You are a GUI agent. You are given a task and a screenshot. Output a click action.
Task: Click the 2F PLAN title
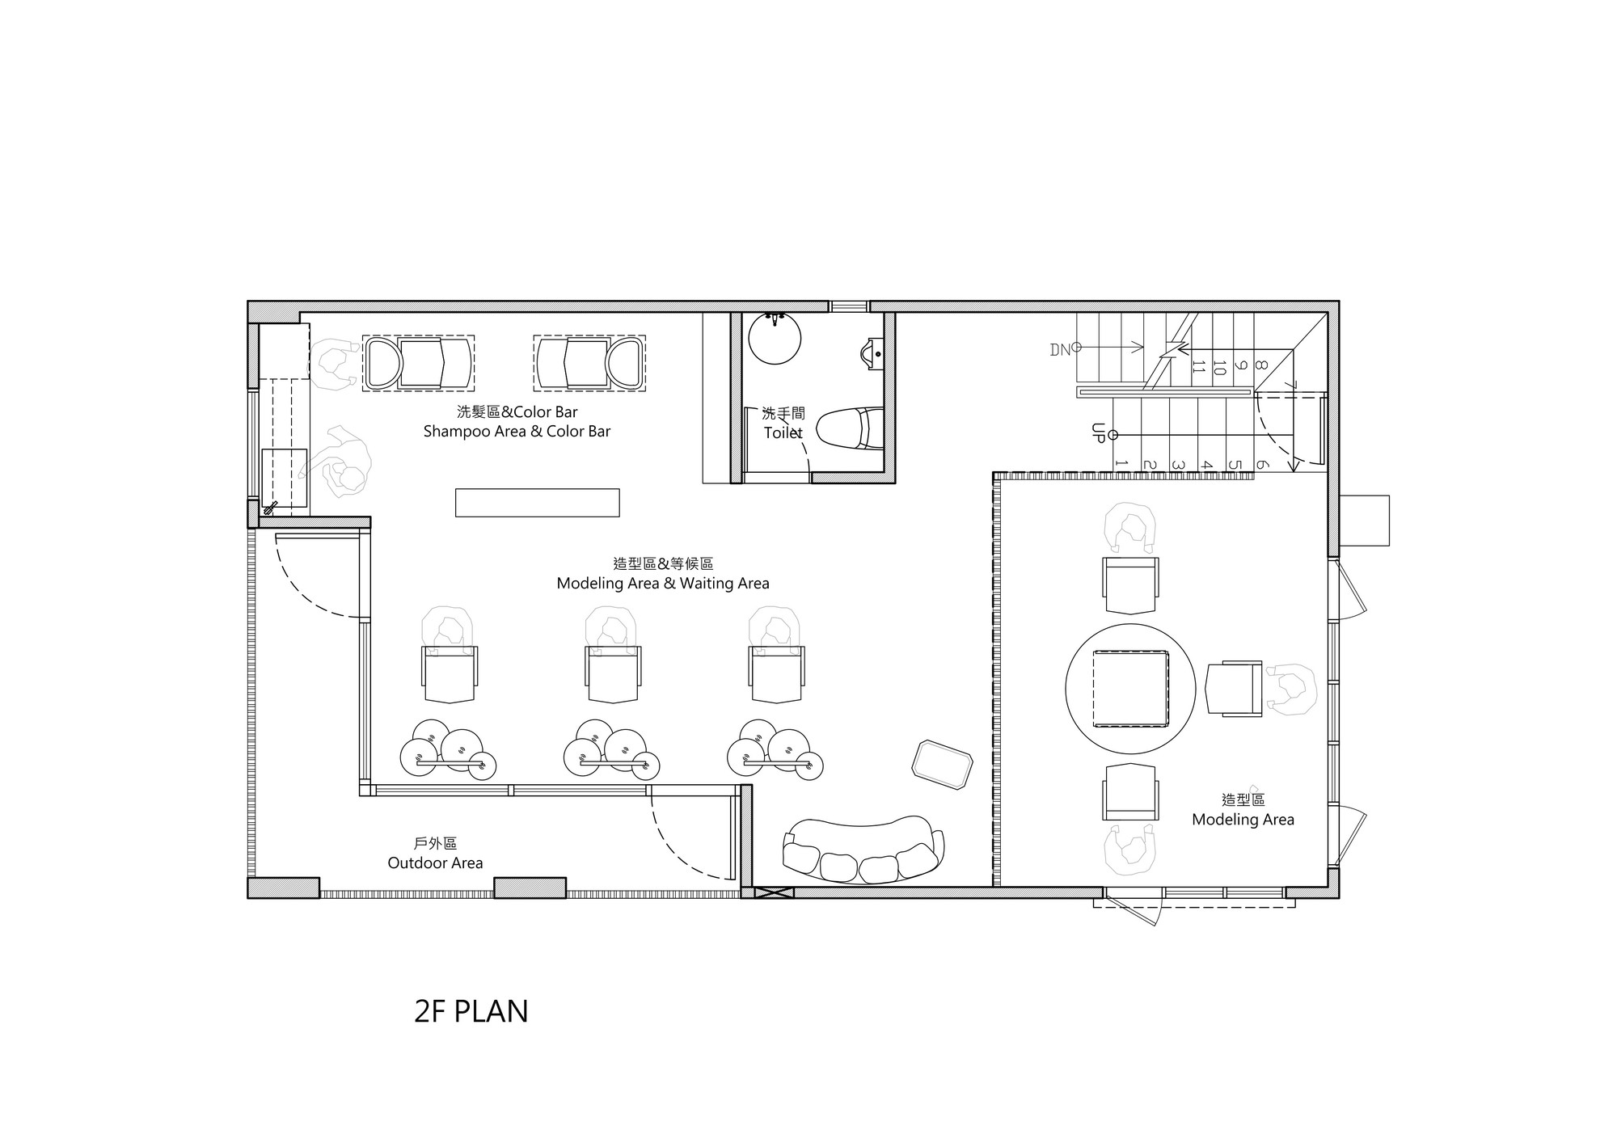coord(471,1011)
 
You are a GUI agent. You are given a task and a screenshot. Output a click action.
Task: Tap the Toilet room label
coord(783,432)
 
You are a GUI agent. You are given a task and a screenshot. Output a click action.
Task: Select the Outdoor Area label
coord(435,863)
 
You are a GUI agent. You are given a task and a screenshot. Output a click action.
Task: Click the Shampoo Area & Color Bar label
coord(517,431)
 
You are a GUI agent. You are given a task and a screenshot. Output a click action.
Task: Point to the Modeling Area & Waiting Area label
coord(663,583)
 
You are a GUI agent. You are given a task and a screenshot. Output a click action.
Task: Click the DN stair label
coord(1060,349)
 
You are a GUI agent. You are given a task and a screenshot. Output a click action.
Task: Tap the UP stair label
coord(1097,432)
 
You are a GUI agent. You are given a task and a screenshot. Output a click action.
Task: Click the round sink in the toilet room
coord(775,338)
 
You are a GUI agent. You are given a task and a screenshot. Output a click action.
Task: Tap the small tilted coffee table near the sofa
coord(942,763)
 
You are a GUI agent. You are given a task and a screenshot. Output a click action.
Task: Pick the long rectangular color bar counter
coord(537,502)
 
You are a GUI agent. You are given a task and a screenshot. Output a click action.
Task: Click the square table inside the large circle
coord(1130,688)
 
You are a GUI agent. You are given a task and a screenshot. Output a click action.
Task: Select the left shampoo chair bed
coord(418,363)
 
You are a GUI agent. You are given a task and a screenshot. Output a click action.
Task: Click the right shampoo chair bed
coord(589,363)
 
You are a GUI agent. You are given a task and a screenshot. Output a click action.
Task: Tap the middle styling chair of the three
coord(614,673)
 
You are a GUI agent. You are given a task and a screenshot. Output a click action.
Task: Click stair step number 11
coord(1198,367)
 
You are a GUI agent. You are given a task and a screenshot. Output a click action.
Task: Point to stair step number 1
coord(1121,464)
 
